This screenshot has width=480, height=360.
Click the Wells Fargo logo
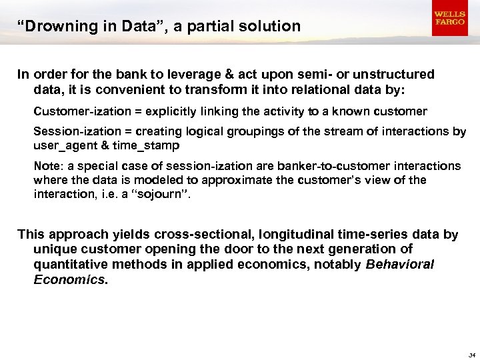tap(449, 18)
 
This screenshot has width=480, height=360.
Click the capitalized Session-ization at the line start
tap(69, 131)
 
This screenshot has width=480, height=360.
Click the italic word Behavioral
tap(399, 264)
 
